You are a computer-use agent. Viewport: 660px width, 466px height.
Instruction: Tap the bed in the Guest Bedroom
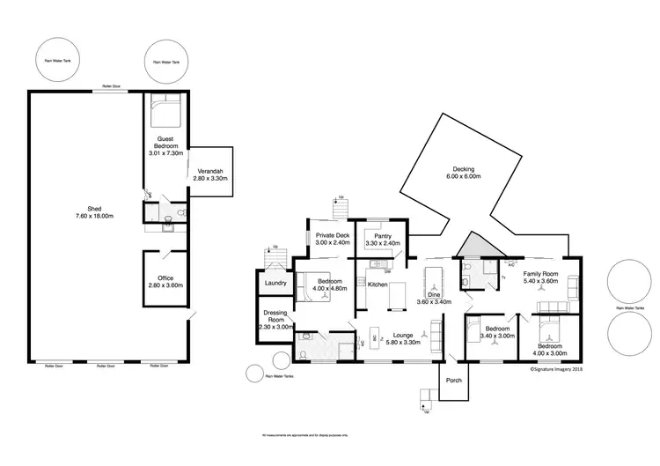pos(165,113)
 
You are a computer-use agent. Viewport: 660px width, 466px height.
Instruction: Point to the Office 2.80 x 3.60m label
pos(165,282)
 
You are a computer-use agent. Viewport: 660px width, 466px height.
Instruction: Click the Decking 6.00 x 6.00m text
pos(463,173)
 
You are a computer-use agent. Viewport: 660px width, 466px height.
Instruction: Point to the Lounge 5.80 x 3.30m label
pos(403,338)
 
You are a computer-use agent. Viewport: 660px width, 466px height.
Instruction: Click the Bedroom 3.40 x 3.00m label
pos(497,332)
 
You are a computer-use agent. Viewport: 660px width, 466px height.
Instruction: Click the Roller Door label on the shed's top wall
pos(112,86)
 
